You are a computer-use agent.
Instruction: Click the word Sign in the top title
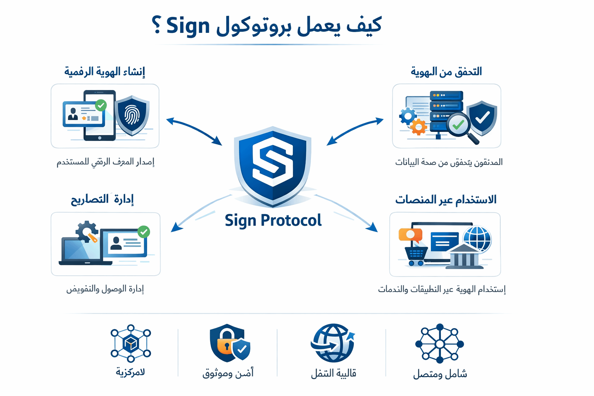coord(188,26)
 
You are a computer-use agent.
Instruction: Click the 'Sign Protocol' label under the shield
coord(273,220)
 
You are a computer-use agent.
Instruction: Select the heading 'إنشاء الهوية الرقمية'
coord(105,72)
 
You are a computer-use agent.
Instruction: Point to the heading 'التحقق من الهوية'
coord(446,72)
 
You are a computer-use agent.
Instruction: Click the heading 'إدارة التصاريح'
coord(102,199)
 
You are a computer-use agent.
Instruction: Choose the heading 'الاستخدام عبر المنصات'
coord(445,200)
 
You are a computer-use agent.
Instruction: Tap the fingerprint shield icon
coord(132,115)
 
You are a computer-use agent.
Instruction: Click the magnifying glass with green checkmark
coord(459,125)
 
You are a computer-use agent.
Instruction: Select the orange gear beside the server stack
coord(418,126)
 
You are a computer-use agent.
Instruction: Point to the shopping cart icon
coord(416,255)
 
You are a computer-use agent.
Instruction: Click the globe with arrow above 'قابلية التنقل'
coord(333,343)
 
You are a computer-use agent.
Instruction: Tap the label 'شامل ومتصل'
coord(440,374)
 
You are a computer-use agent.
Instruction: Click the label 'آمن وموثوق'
coord(228,373)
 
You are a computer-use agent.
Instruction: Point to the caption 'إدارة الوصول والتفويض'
coord(105,289)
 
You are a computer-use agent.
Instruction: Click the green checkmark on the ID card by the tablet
coord(101,105)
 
